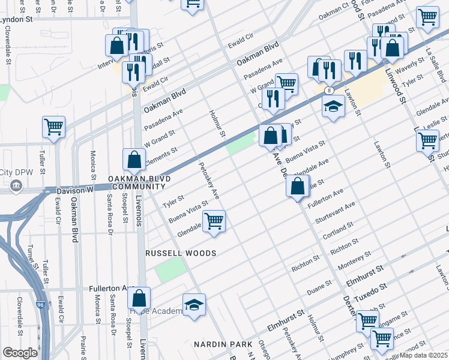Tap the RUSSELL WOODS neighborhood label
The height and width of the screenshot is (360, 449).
181,254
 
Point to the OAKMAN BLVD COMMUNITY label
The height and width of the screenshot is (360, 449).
140,183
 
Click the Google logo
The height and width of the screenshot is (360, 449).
20,353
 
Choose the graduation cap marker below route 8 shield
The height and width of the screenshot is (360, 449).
333,107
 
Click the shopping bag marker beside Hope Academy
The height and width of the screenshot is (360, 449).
139,298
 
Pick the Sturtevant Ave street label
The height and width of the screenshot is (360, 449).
339,213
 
